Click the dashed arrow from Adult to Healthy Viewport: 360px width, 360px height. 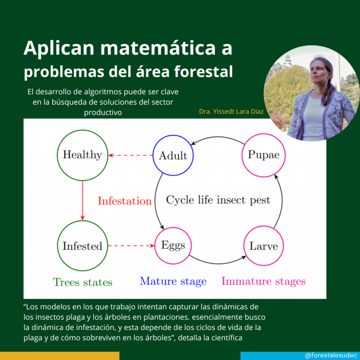[130, 155]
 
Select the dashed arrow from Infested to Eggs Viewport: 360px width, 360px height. [131, 246]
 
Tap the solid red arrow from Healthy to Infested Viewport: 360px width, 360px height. [82, 201]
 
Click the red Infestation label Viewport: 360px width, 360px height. [125, 201]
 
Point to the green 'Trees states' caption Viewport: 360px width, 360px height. [82, 282]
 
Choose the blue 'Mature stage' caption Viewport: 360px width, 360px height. [173, 281]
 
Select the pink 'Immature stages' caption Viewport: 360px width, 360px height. [263, 281]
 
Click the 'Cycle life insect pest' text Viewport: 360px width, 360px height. [218, 200]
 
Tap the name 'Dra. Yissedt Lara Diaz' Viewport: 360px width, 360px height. [231, 112]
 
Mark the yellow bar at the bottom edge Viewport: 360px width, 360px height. [60, 356]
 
